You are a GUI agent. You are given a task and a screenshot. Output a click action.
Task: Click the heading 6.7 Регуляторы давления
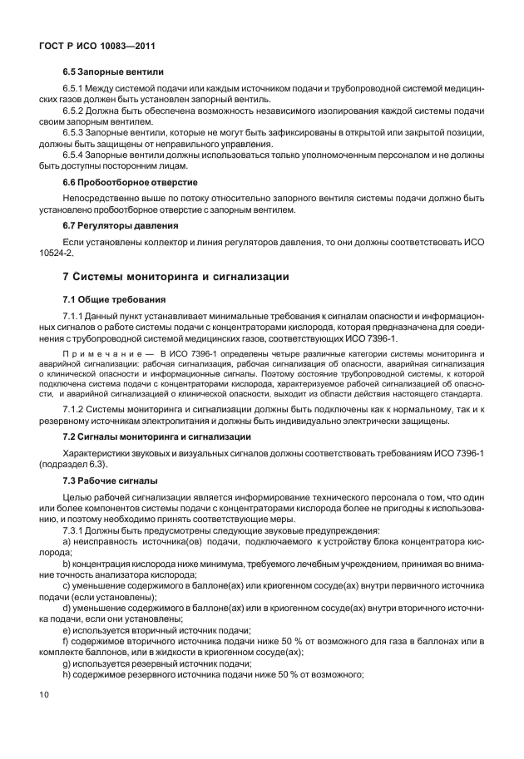pos(120,224)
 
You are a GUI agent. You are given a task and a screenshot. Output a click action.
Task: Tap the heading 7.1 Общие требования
pos(115,298)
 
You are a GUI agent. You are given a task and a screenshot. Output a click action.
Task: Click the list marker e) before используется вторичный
pos(67,630)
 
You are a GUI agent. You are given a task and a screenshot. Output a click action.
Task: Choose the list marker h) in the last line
pos(67,673)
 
